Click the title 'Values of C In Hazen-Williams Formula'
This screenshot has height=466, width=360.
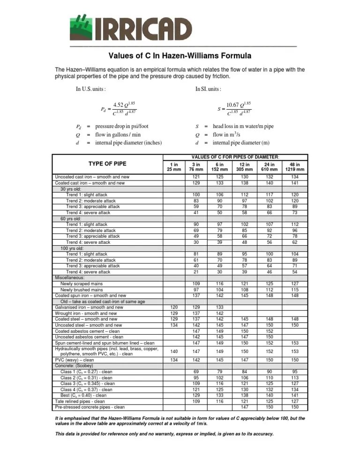(180, 56)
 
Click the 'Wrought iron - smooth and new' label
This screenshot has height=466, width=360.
(86, 313)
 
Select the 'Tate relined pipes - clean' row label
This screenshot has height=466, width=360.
(80, 401)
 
